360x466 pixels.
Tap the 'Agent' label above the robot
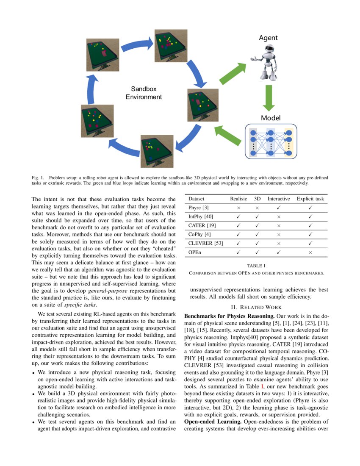[268, 38]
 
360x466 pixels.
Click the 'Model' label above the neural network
[271, 118]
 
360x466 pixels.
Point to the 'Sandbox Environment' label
[144, 93]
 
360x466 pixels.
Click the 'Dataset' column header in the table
[197, 199]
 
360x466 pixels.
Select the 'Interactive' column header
[279, 199]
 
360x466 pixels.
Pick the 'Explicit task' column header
[310, 199]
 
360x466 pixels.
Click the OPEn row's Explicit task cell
[310, 252]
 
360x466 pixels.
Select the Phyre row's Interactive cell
[279, 208]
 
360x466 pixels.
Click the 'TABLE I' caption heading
[256, 266]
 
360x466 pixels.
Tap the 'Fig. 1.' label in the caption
[38, 177]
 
